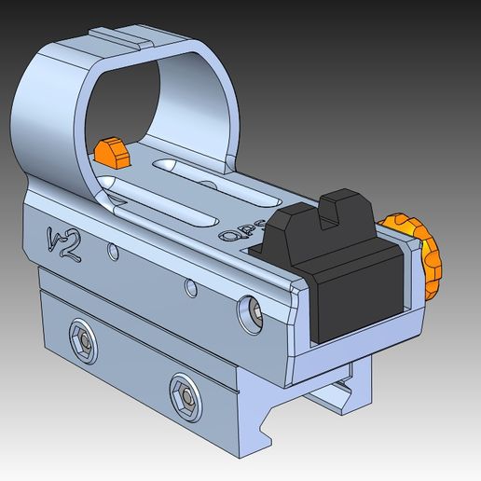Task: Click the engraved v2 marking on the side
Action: pos(62,241)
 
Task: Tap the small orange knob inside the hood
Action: pos(110,152)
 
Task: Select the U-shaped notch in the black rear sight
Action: pos(330,218)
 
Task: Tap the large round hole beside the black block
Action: pos(252,311)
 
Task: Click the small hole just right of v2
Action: pos(112,251)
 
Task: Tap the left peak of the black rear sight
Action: pos(295,215)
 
